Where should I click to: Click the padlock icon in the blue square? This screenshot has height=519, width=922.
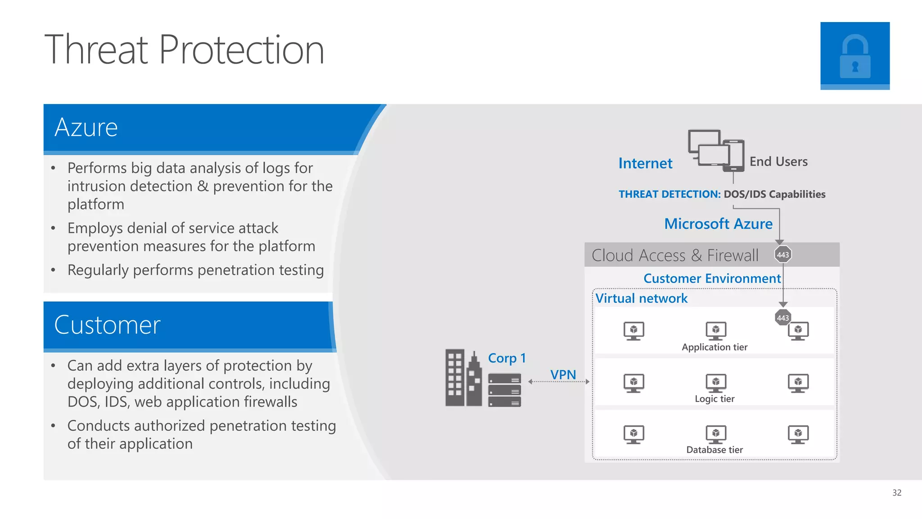[854, 57]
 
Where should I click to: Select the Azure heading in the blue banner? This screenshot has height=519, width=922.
[86, 127]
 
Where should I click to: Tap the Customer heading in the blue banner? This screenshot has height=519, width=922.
[107, 325]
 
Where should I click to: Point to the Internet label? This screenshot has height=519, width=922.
[645, 163]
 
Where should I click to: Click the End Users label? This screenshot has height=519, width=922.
[778, 162]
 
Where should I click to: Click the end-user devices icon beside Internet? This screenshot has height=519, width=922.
[716, 150]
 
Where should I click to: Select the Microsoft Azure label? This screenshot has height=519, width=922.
[718, 224]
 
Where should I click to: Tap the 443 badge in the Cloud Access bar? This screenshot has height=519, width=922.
[782, 255]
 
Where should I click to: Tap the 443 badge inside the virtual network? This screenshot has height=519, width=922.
[782, 318]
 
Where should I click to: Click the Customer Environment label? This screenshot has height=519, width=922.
[712, 278]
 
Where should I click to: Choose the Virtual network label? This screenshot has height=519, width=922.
[641, 298]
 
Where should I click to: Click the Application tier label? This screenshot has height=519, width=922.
[714, 347]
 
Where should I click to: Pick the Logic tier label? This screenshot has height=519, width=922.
[714, 399]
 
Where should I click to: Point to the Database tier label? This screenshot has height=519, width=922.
[714, 450]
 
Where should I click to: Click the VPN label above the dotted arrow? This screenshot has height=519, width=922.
[563, 374]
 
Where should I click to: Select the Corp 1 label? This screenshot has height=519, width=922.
[506, 358]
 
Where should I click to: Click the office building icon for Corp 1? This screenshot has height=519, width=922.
[463, 378]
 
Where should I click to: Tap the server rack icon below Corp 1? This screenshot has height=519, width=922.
[504, 390]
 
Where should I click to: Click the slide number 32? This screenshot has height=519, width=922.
[896, 492]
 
